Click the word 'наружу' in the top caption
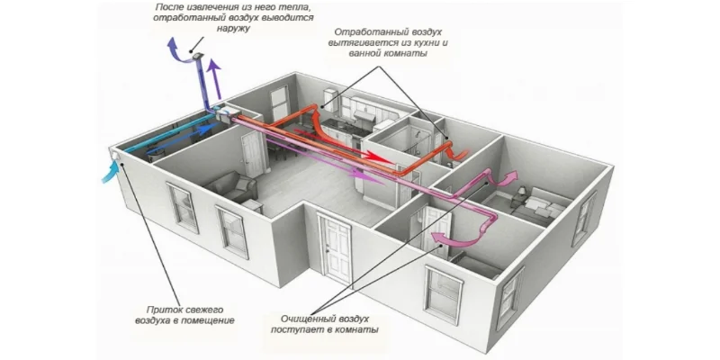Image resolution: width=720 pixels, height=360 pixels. [233, 29]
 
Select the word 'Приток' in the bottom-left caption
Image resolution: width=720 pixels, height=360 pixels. [162, 310]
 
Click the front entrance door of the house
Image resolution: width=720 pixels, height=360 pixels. [337, 249]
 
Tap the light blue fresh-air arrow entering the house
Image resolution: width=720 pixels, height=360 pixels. [111, 171]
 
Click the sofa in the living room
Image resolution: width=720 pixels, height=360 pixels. [231, 186]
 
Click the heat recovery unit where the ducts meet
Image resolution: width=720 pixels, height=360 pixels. [228, 114]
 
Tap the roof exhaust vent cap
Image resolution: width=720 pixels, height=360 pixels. [197, 56]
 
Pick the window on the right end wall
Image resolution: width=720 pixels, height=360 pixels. [583, 219]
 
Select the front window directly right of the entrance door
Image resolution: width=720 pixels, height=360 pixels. [444, 294]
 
